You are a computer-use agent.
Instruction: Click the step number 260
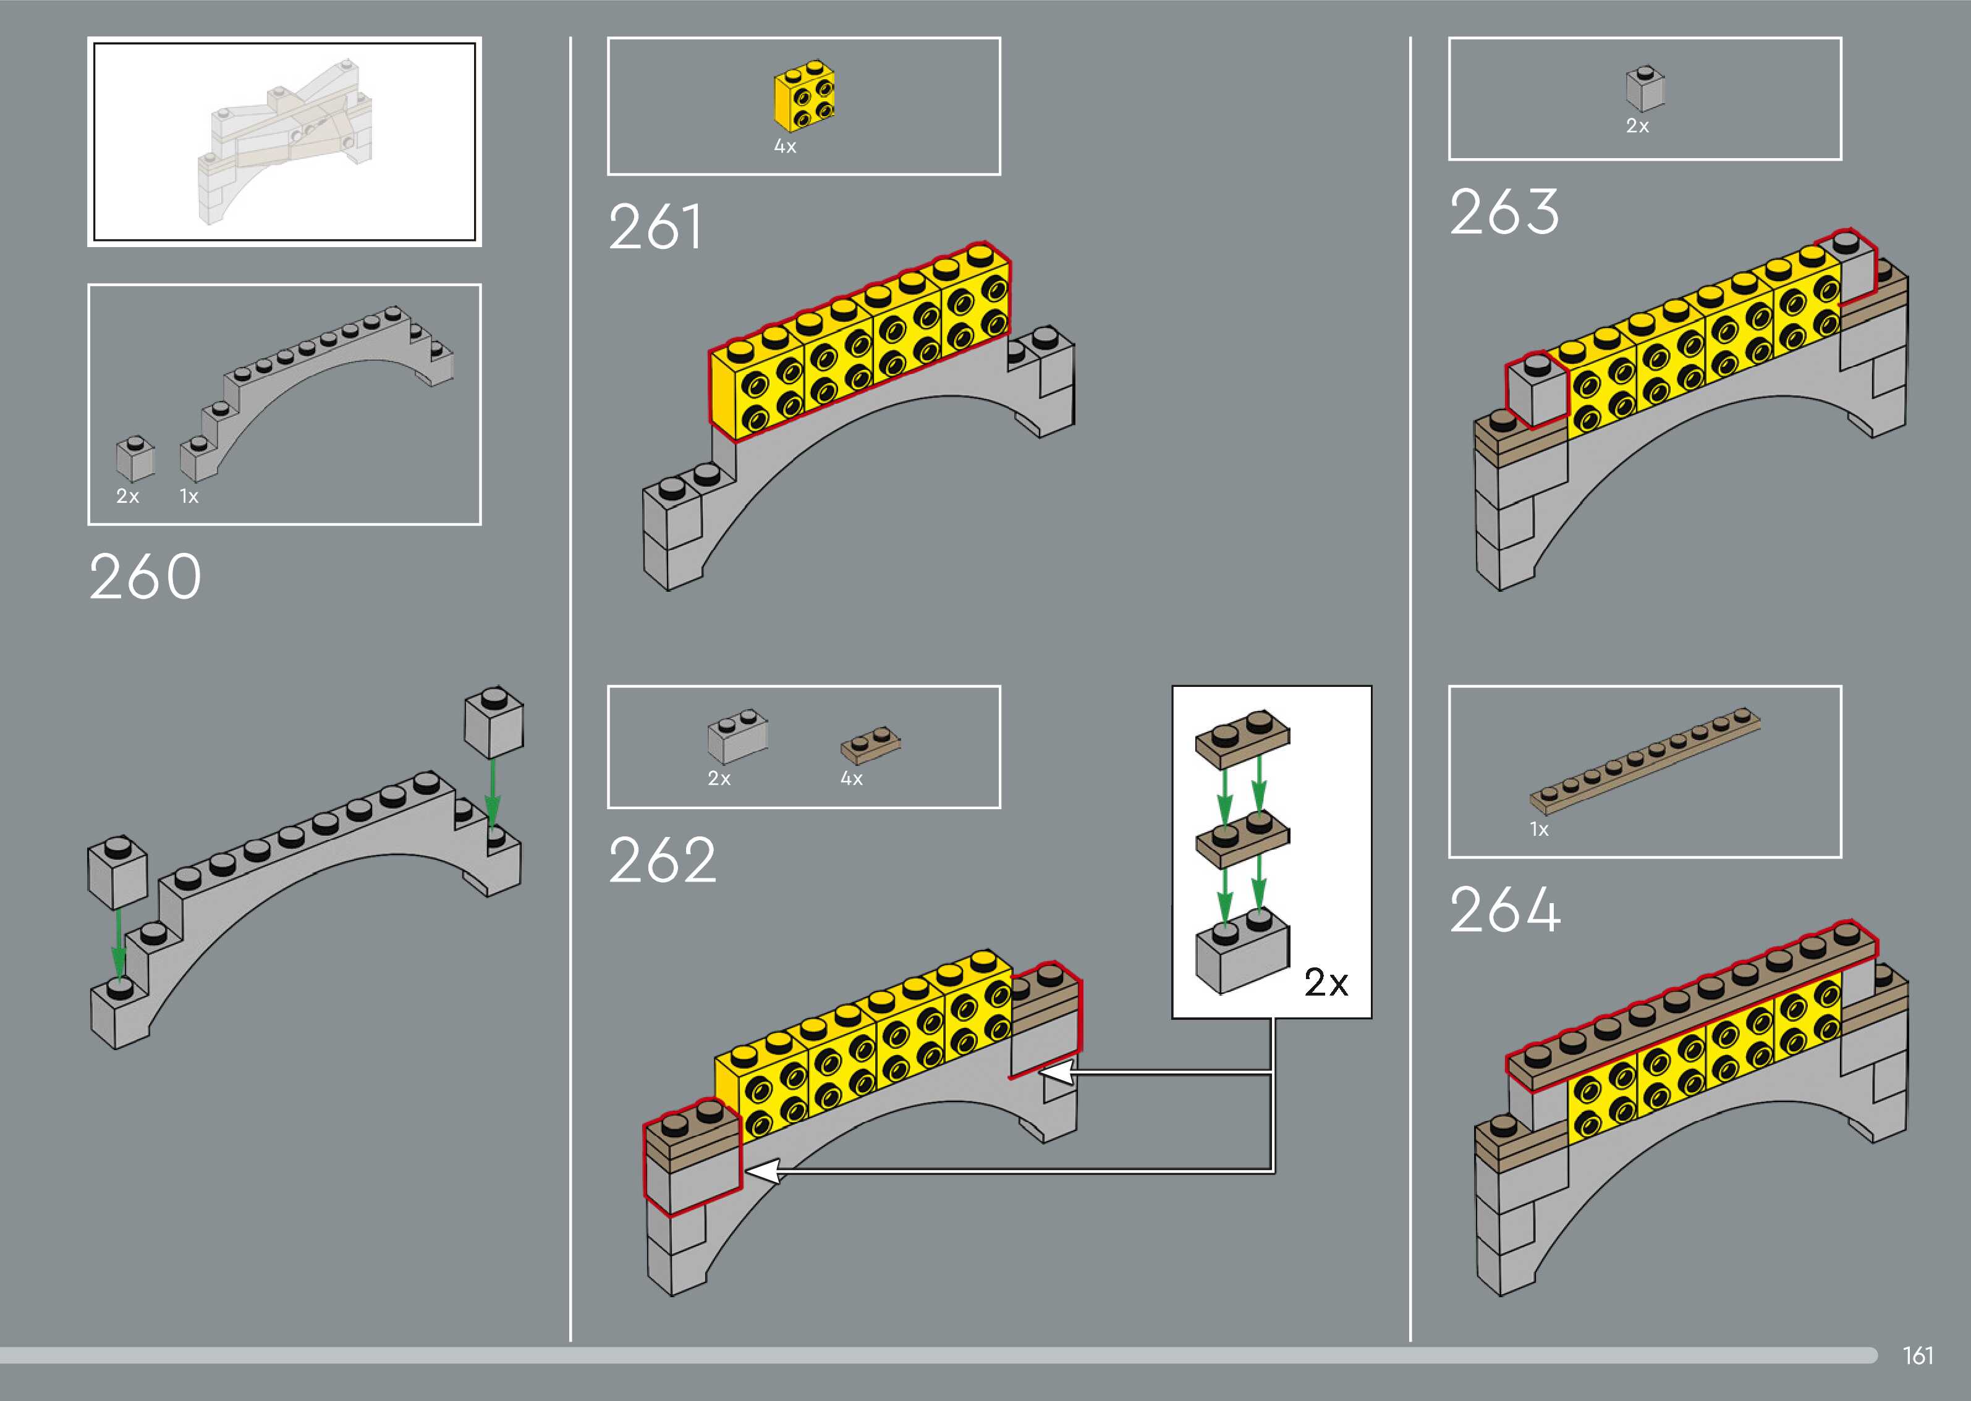(145, 576)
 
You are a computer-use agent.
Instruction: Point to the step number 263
(1504, 212)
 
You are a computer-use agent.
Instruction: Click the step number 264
(1504, 909)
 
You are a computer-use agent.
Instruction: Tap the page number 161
(1917, 1355)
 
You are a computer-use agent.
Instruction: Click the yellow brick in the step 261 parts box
(804, 96)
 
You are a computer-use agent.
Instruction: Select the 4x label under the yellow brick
(784, 146)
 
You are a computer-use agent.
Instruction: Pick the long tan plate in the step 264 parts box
(1645, 761)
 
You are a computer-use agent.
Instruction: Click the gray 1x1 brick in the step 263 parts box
(1645, 89)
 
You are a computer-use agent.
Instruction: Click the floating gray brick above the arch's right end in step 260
(494, 723)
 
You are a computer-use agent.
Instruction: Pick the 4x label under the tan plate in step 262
(851, 779)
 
